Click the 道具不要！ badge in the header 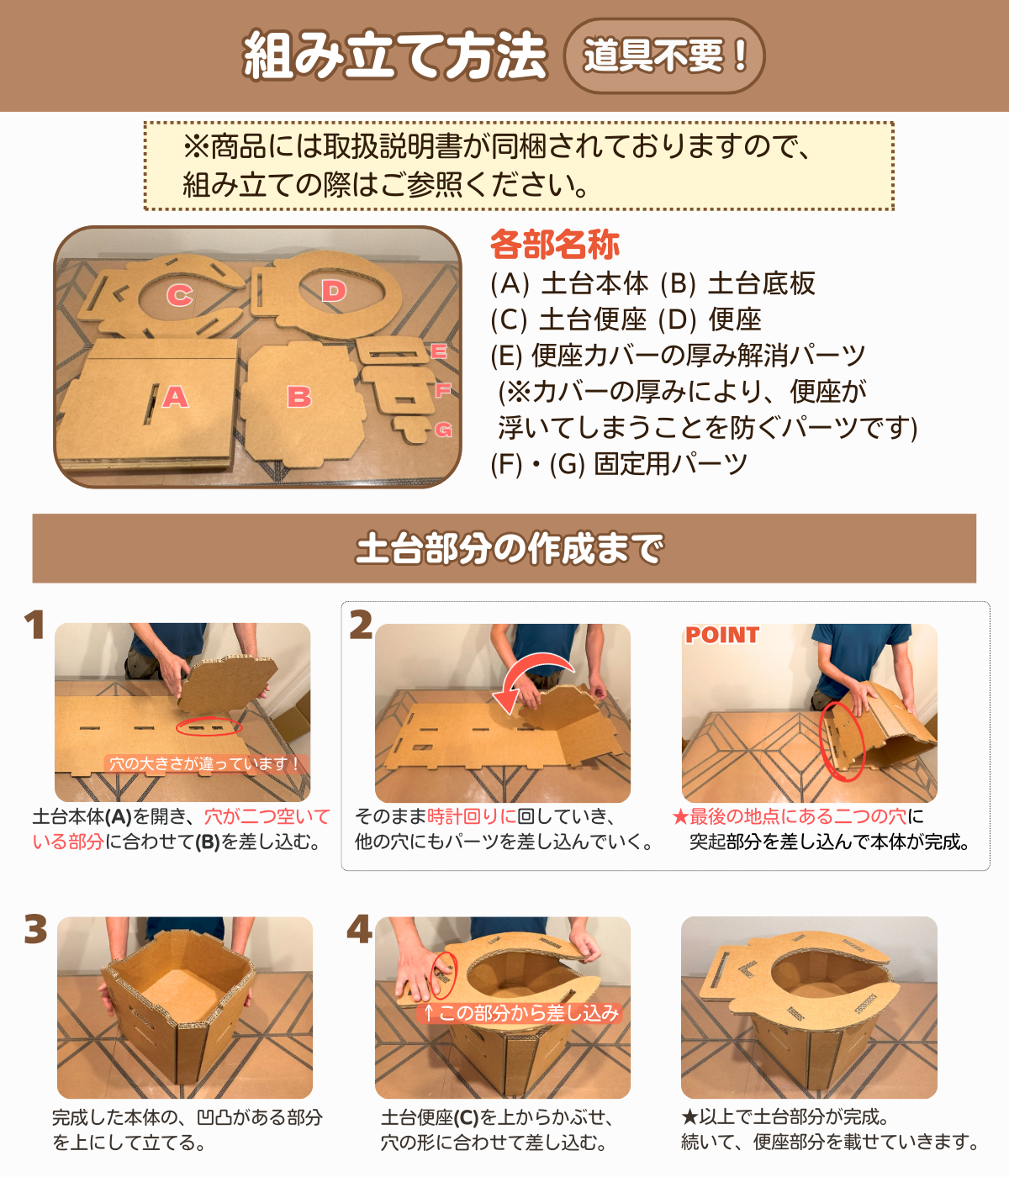click(663, 56)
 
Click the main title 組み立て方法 click(394, 56)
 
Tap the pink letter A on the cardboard click(175, 396)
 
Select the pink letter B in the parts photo click(298, 396)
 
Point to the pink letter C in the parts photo click(179, 295)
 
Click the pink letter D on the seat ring click(334, 291)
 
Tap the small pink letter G click(443, 430)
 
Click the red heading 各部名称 click(555, 245)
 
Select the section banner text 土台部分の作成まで click(509, 549)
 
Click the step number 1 click(34, 625)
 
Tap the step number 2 click(361, 625)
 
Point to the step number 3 click(35, 930)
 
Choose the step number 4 click(359, 930)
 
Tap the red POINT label click(721, 636)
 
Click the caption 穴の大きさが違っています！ click(204, 763)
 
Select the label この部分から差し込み click(520, 1013)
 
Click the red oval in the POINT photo click(842, 740)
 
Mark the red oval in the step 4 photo click(443, 975)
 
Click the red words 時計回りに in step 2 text click(472, 816)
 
